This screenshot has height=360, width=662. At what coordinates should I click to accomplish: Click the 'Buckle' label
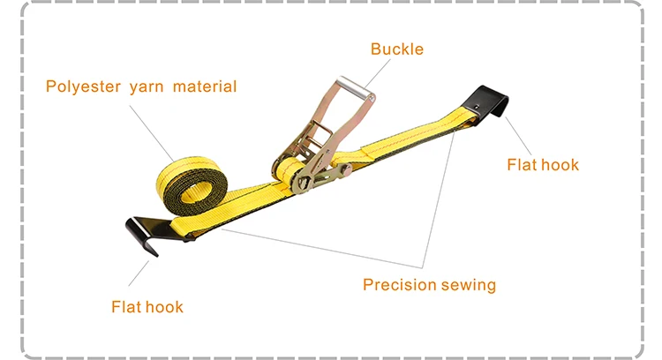397,49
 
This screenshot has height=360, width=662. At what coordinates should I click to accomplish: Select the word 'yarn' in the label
147,86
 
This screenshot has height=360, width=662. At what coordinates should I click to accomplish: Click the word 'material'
205,86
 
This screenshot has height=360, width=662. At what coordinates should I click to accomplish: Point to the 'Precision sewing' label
429,284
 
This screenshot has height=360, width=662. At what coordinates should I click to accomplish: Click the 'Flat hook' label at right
543,164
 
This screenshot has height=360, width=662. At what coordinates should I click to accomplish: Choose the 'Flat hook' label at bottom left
147,306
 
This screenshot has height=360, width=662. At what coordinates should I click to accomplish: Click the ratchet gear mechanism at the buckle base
305,180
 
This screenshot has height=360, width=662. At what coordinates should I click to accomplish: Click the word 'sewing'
470,284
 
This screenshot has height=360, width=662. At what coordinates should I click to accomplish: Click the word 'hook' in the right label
560,164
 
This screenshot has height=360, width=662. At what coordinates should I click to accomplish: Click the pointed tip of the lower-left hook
156,256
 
